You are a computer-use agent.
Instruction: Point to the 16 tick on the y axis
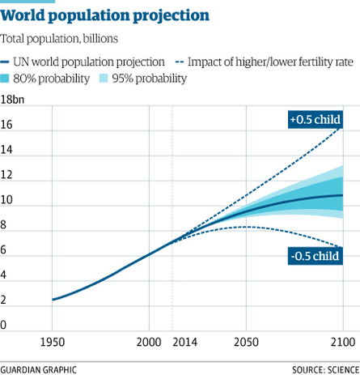tap(7, 125)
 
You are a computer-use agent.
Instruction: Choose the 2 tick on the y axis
tap(5, 300)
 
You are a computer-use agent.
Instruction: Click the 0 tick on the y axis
tap(5, 325)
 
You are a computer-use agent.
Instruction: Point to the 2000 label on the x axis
tap(148, 343)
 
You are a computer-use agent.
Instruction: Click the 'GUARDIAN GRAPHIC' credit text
tap(38, 369)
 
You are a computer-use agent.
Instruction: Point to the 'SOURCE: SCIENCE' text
tap(324, 369)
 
